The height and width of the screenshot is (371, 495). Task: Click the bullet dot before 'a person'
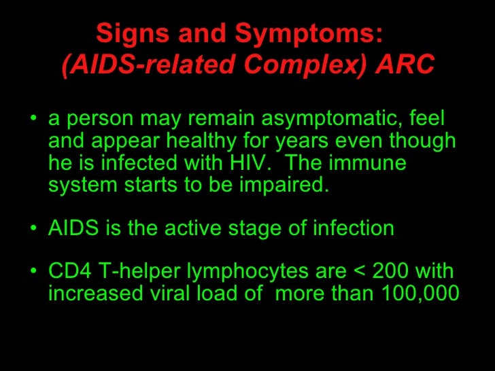pos(34,121)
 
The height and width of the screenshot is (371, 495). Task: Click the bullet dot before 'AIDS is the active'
pos(34,229)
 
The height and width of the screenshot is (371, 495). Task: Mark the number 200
pos(395,272)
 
